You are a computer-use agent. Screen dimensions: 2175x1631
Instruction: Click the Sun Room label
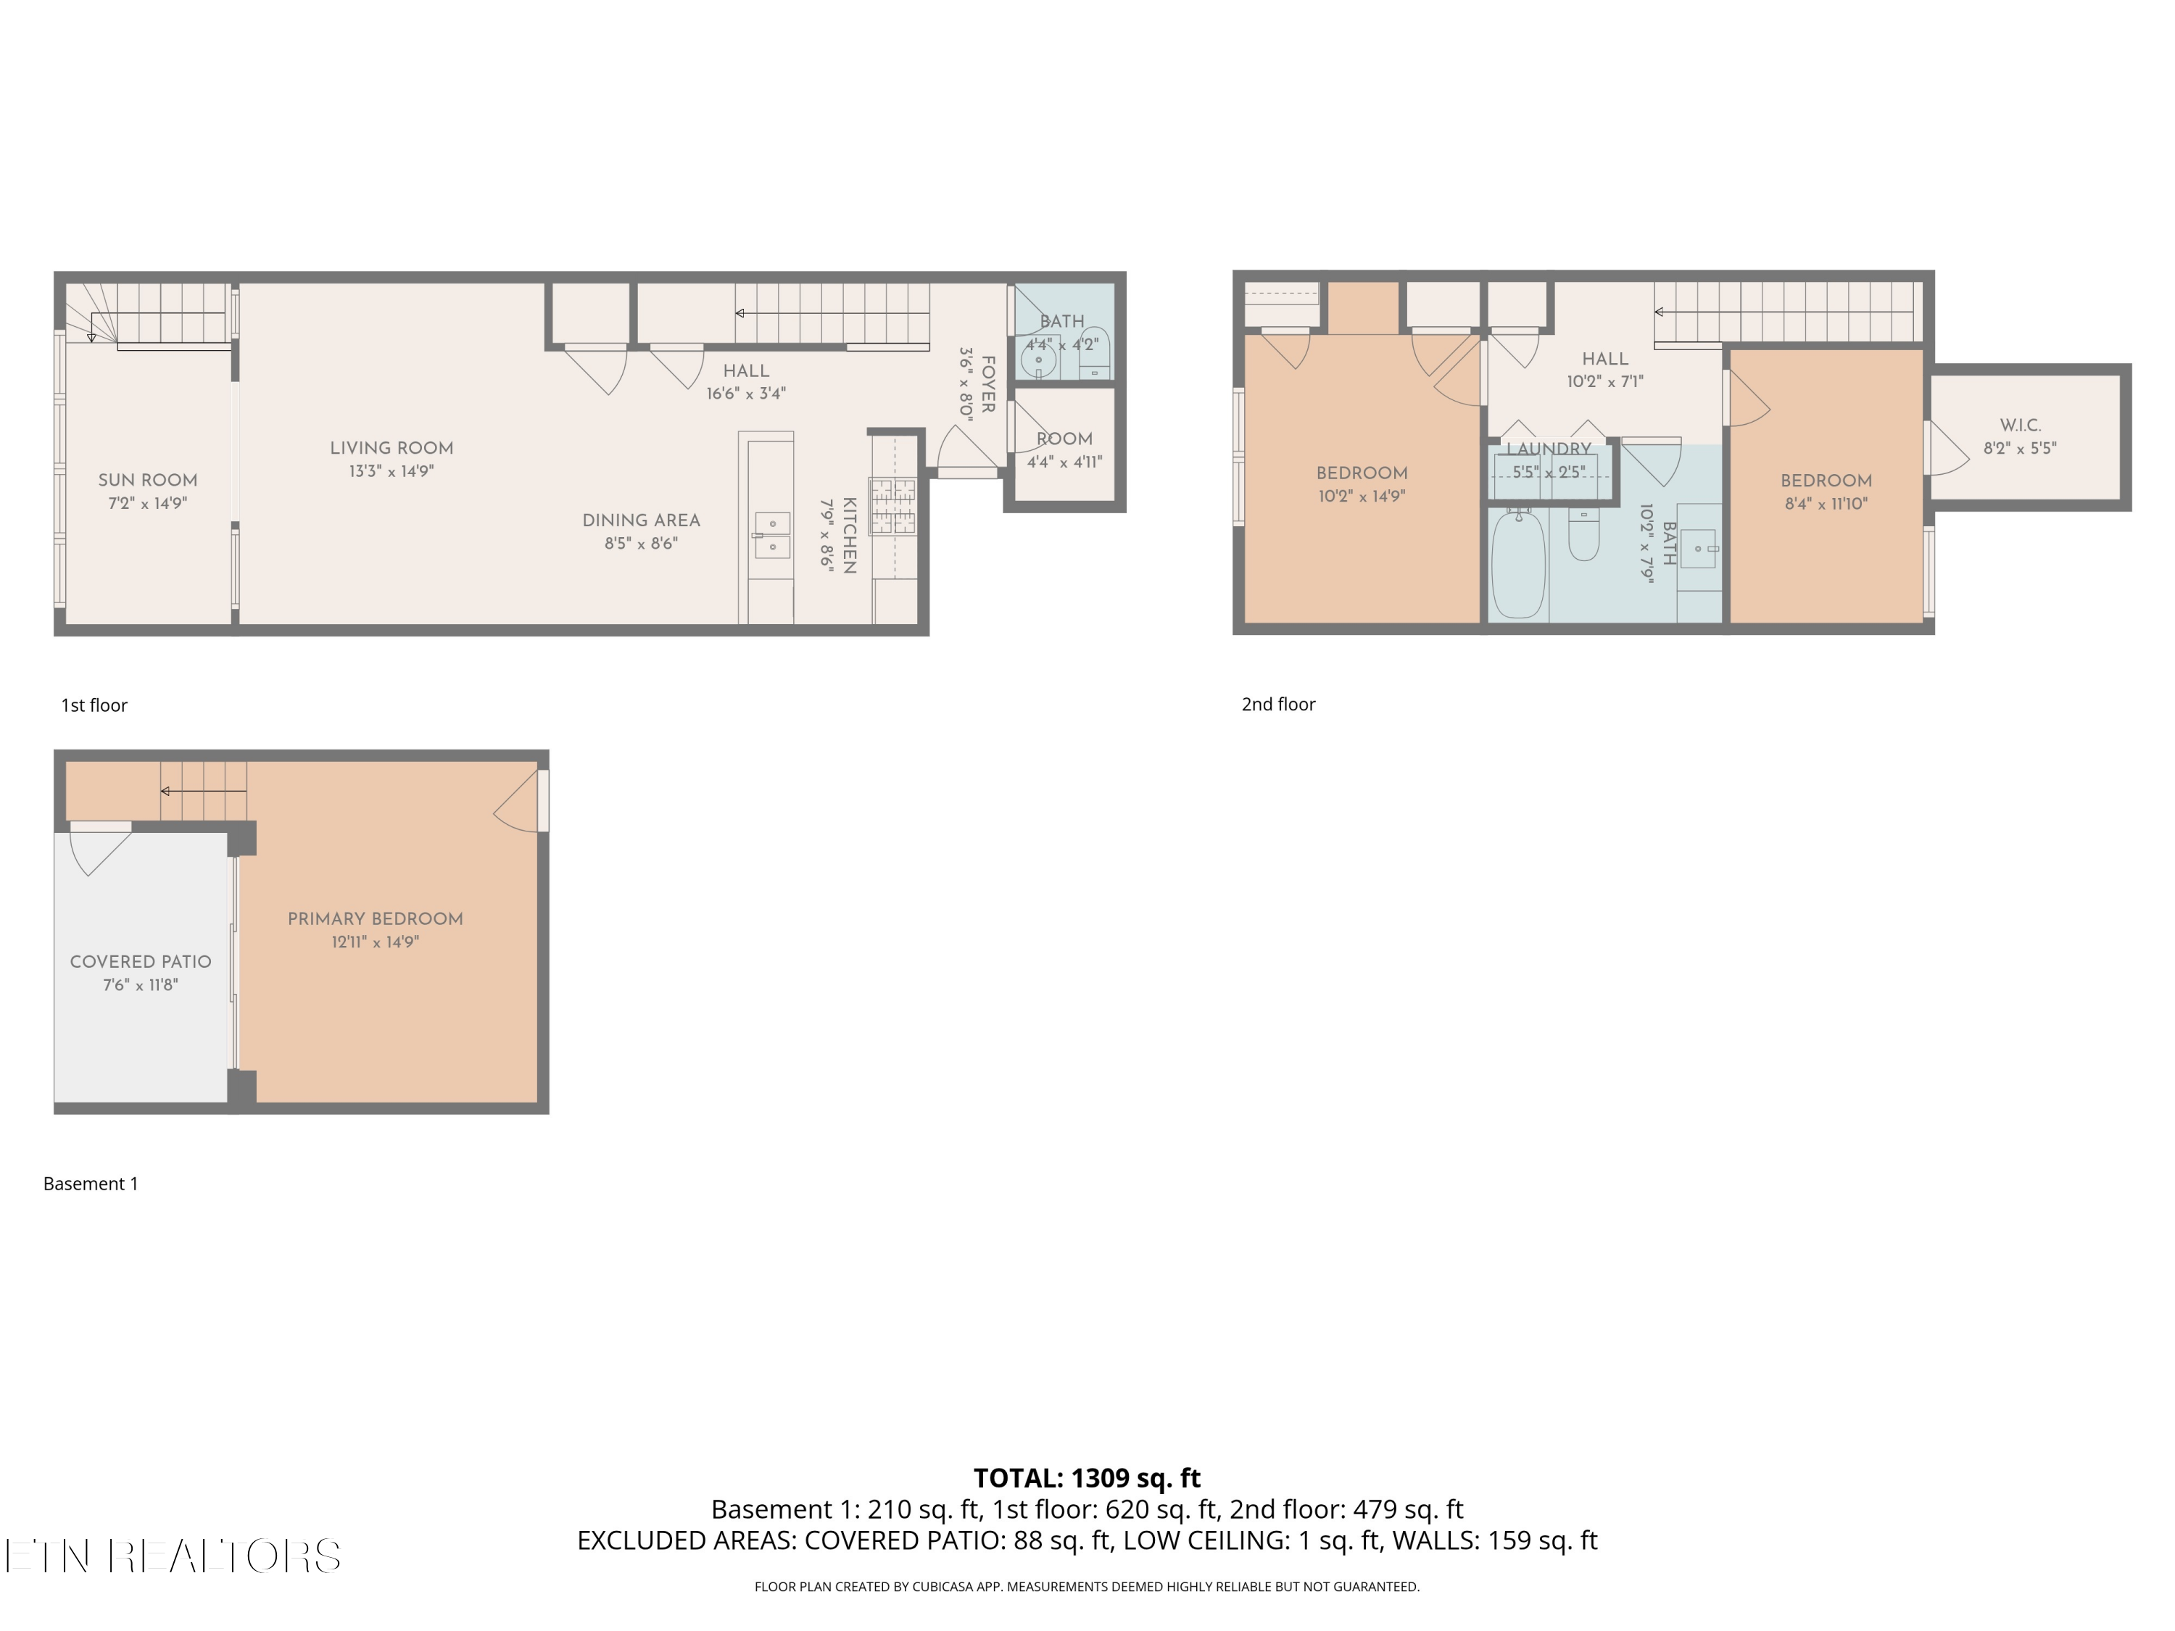[x=147, y=480]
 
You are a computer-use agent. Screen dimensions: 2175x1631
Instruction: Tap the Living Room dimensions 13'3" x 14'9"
[x=391, y=471]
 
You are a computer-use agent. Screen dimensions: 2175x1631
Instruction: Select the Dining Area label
[x=641, y=520]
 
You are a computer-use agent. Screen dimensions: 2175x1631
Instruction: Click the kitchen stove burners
[x=892, y=505]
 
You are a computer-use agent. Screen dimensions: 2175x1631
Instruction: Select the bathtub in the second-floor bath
[x=1518, y=563]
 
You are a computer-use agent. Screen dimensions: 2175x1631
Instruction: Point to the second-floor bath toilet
[x=1583, y=534]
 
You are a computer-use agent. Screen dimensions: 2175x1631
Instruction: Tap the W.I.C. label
[x=2021, y=425]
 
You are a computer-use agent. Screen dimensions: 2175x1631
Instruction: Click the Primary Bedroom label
[x=376, y=918]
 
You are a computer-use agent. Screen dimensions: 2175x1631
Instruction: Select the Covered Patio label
[x=141, y=961]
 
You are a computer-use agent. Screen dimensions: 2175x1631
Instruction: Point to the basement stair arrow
[x=204, y=792]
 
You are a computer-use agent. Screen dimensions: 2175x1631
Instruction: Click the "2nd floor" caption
[x=1278, y=704]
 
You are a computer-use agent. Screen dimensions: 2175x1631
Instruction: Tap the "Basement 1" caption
[x=91, y=1184]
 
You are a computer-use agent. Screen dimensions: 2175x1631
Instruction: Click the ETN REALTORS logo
[x=173, y=1556]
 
